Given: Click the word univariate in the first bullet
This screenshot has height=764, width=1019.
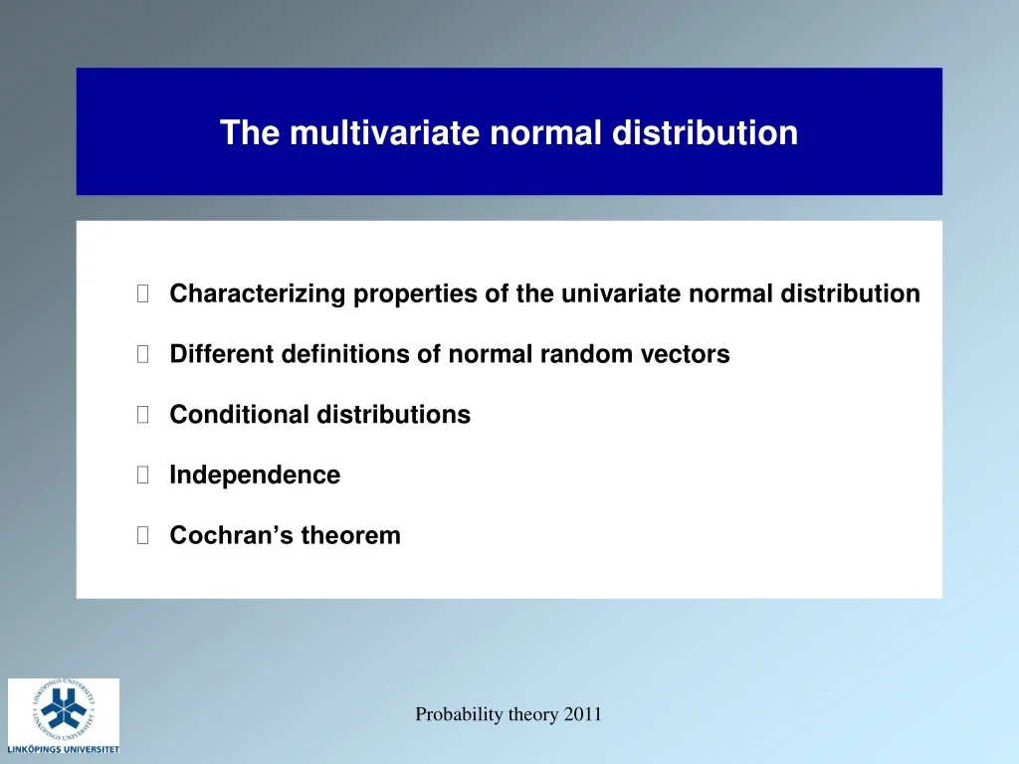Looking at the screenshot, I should point(621,294).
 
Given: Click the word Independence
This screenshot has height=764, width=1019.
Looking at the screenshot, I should point(255,476).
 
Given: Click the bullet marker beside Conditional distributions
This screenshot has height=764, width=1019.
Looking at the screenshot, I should point(143,415).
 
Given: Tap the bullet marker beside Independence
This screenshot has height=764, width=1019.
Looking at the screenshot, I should point(143,476).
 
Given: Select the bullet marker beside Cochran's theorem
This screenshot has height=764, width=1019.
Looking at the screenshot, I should point(143,536).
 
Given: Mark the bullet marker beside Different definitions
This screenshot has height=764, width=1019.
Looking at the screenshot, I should point(143,354).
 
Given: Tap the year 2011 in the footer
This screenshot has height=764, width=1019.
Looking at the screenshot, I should point(580,714).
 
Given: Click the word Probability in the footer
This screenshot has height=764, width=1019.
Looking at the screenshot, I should point(460,714).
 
